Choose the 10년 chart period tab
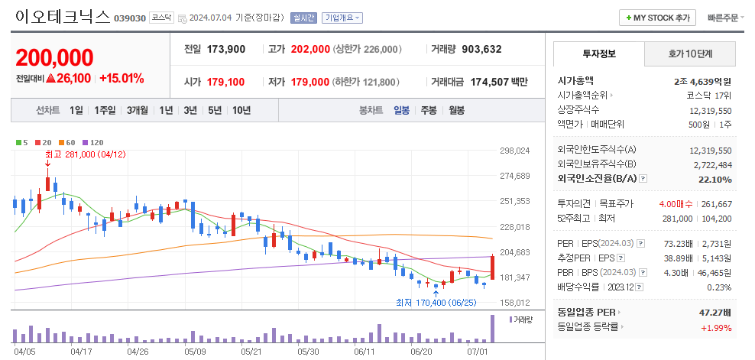click(241, 110)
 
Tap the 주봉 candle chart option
click(428, 110)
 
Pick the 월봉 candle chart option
click(456, 110)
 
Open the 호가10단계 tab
click(690, 54)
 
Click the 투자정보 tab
click(599, 54)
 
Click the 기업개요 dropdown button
click(342, 18)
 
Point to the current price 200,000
click(54, 57)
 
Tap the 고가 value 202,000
click(310, 49)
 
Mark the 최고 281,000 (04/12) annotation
click(85, 154)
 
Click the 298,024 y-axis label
click(514, 151)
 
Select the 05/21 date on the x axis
click(251, 352)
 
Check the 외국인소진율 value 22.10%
click(715, 180)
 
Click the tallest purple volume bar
click(492, 329)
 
